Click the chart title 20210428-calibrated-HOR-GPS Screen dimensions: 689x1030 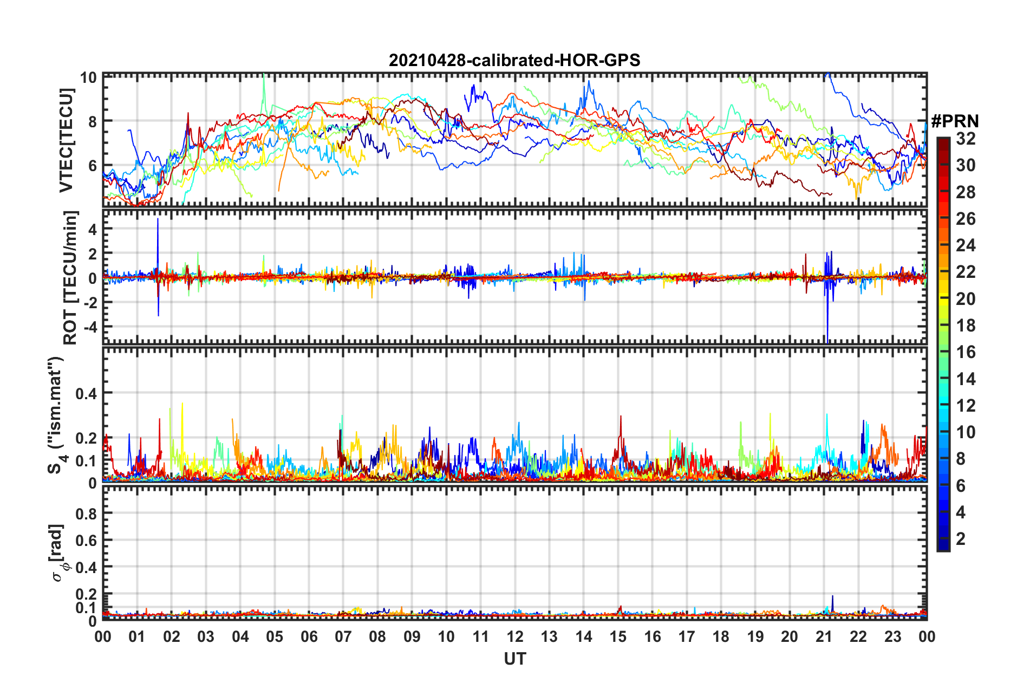click(x=514, y=60)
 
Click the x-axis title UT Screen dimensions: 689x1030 click(x=514, y=659)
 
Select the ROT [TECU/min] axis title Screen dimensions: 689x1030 click(x=70, y=278)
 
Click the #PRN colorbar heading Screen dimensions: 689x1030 click(x=955, y=121)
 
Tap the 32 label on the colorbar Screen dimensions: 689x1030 click(x=966, y=139)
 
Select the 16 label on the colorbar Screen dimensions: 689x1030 click(x=966, y=352)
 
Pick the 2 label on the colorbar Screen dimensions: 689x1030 click(x=961, y=538)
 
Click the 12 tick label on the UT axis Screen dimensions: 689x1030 click(x=515, y=636)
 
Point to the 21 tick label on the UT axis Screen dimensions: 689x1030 click(x=824, y=636)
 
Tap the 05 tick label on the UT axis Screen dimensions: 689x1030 click(x=275, y=636)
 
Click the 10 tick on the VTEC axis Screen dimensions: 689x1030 click(x=88, y=77)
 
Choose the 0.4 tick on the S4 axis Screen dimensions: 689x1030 click(x=86, y=393)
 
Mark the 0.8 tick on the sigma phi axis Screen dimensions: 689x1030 click(x=86, y=513)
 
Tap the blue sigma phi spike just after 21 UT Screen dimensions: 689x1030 click(x=832, y=599)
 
